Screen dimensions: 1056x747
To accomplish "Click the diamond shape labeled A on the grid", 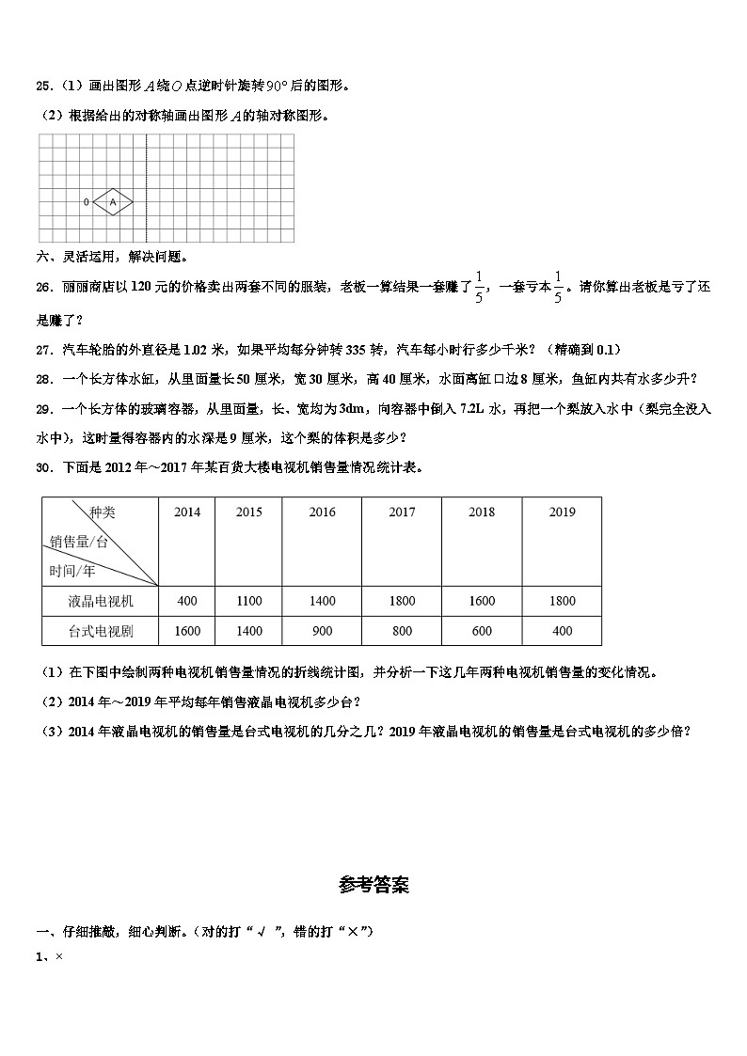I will pos(113,201).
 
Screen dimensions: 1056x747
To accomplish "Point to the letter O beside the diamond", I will pos(87,201).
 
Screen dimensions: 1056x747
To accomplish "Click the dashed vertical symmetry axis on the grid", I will pos(147,188).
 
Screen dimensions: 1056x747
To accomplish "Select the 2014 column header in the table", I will pos(187,512).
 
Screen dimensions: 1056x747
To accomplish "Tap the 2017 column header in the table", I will pos(402,512).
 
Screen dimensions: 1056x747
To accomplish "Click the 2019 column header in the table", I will pos(562,512).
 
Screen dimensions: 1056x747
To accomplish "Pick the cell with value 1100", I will pos(249,602).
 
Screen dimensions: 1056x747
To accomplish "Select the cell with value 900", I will pos(322,631).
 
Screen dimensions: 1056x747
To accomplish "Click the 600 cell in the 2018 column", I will pos(482,631).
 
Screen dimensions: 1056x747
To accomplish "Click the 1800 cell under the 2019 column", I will pos(562,602).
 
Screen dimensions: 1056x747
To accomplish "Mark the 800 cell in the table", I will pos(402,631).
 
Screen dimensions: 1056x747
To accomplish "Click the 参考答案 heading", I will pos(373,885).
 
